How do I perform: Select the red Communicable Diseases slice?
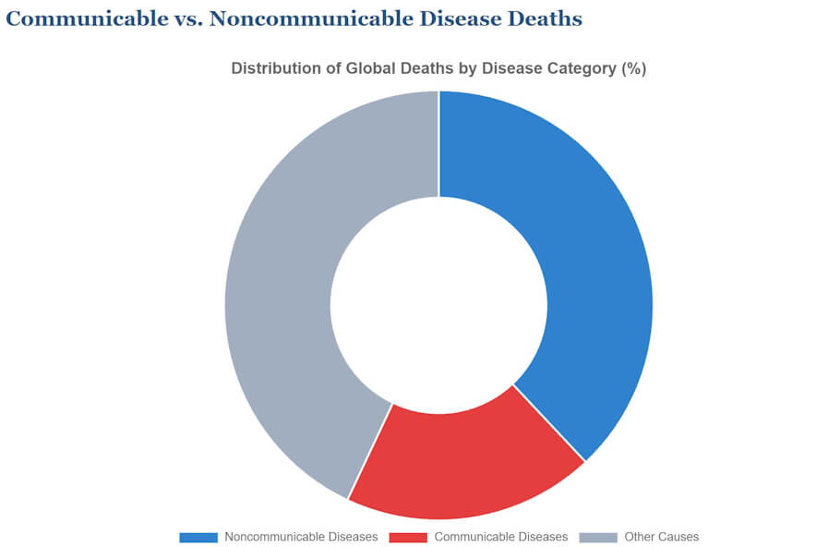pyautogui.click(x=462, y=462)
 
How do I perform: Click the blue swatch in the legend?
pyautogui.click(x=198, y=537)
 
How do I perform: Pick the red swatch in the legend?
pyautogui.click(x=408, y=537)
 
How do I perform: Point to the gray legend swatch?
pyautogui.click(x=598, y=537)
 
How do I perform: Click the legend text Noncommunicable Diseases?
pyautogui.click(x=301, y=537)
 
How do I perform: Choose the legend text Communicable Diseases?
pyautogui.click(x=501, y=537)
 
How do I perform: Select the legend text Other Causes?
pyautogui.click(x=661, y=537)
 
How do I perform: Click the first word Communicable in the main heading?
pyautogui.click(x=84, y=18)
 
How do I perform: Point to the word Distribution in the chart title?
pyautogui.click(x=273, y=69)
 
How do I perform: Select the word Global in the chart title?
pyautogui.click(x=364, y=69)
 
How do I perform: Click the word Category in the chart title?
pyautogui.click(x=578, y=69)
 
